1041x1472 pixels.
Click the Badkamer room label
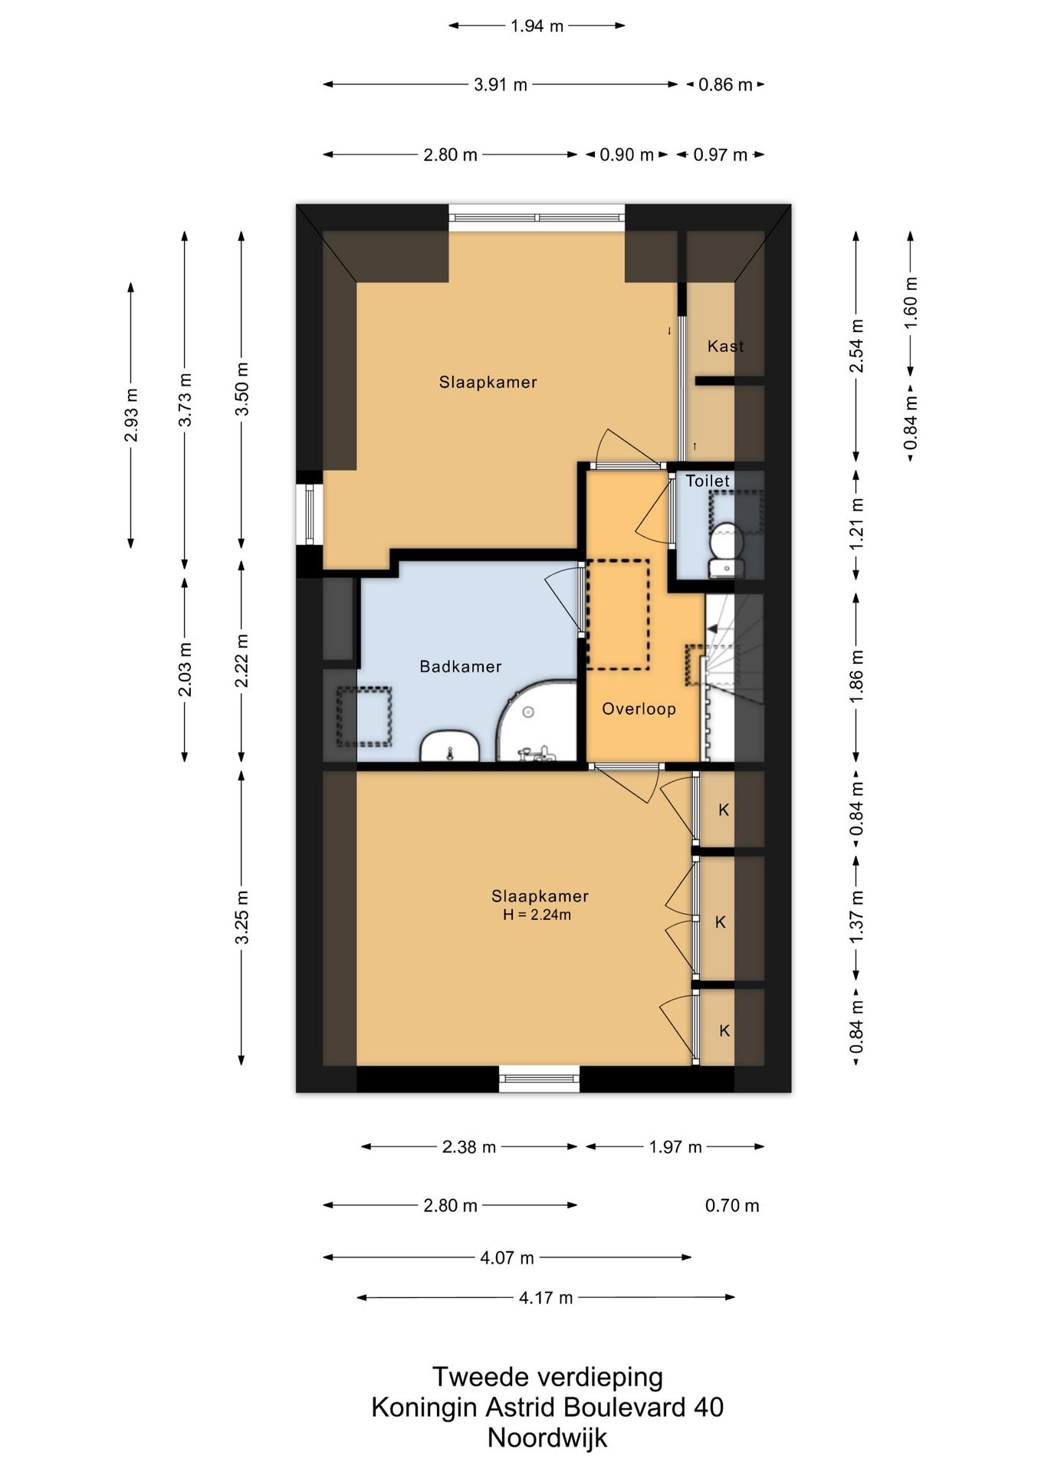(x=460, y=666)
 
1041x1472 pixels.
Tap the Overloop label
(x=639, y=709)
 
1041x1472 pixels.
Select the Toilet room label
(x=708, y=481)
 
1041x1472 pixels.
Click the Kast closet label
(x=725, y=346)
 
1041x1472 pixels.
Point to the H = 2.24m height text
(x=537, y=915)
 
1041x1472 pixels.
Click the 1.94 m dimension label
(x=537, y=26)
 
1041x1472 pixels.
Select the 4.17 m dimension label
(x=546, y=1298)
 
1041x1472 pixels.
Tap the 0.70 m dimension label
(x=732, y=1206)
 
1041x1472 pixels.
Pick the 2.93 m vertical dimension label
(x=131, y=415)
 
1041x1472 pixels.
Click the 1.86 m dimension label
(x=856, y=675)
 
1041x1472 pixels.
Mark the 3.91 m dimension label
(x=501, y=84)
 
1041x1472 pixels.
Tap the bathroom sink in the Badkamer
(x=450, y=746)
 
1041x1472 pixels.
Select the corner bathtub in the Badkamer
(x=537, y=721)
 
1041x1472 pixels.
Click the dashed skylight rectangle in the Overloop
(x=618, y=614)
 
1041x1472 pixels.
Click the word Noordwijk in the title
(x=547, y=1437)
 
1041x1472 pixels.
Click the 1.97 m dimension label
(x=675, y=1147)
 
